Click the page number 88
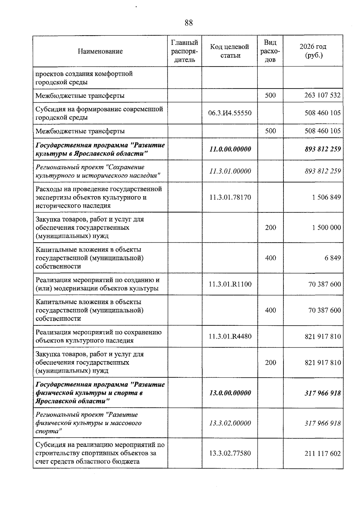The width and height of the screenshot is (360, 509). pyautogui.click(x=189, y=23)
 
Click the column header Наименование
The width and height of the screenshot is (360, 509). pyautogui.click(x=100, y=51)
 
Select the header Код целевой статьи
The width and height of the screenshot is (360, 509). pyautogui.click(x=229, y=51)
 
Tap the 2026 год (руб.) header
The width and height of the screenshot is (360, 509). pyautogui.click(x=313, y=51)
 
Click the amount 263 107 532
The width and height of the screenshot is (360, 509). pyautogui.click(x=322, y=95)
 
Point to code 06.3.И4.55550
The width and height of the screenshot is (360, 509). pyautogui.click(x=229, y=113)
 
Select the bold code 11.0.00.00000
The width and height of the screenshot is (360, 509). pyautogui.click(x=230, y=149)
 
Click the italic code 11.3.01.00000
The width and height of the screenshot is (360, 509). pyautogui.click(x=230, y=171)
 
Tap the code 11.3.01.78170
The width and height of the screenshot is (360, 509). pyautogui.click(x=230, y=197)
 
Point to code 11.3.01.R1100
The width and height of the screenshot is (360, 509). pyautogui.click(x=230, y=284)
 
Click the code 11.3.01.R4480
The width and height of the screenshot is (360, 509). pyautogui.click(x=230, y=336)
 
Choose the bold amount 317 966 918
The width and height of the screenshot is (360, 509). pyautogui.click(x=322, y=393)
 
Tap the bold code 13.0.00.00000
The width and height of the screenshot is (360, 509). pyautogui.click(x=230, y=393)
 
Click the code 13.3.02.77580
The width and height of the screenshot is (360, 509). pyautogui.click(x=230, y=453)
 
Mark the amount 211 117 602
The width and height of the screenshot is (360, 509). pyautogui.click(x=322, y=453)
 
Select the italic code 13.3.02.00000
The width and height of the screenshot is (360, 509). pyautogui.click(x=230, y=423)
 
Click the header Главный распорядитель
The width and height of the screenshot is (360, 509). pyautogui.click(x=184, y=51)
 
